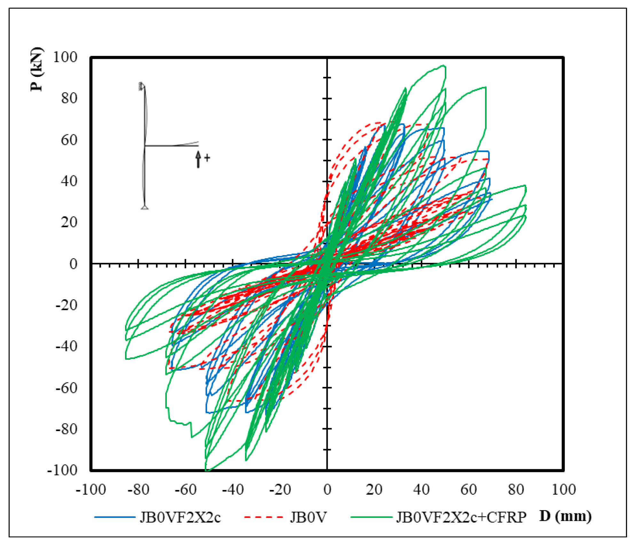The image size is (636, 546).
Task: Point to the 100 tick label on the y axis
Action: click(65, 57)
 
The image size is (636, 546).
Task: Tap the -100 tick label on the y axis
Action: click(62, 470)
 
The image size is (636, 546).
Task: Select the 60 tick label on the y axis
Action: click(69, 140)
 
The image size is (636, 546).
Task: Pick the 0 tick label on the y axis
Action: click(74, 264)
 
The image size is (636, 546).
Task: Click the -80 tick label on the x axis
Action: click(138, 489)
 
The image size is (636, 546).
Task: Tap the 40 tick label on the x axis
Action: click(421, 489)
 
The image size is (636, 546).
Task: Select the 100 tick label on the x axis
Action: click(563, 489)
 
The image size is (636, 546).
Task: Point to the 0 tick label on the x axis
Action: click(327, 489)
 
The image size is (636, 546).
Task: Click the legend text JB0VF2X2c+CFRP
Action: click(461, 517)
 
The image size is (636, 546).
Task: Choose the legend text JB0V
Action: click(308, 517)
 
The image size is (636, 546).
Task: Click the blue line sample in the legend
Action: click(115, 517)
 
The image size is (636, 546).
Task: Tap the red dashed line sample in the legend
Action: click(263, 517)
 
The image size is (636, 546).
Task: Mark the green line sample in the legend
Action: click(371, 517)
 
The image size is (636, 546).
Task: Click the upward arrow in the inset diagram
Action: click(198, 159)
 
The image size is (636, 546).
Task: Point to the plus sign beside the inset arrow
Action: click(207, 157)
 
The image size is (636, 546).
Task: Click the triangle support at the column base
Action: click(145, 207)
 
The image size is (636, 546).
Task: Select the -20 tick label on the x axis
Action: click(280, 489)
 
